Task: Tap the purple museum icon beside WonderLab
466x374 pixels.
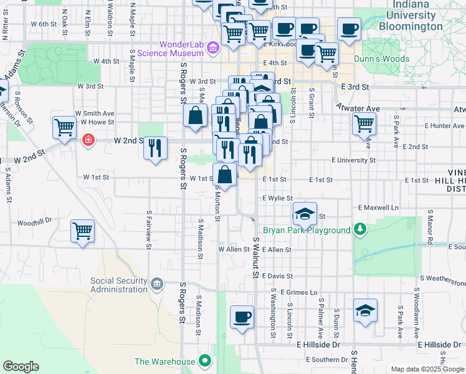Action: click(212, 47)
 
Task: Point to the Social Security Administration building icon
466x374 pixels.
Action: click(157, 285)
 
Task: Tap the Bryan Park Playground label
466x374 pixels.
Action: click(307, 230)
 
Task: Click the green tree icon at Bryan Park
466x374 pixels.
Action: click(359, 230)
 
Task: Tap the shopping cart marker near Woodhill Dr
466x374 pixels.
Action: click(82, 231)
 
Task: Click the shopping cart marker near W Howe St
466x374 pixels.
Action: click(65, 128)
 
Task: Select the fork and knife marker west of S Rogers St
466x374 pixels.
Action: click(155, 148)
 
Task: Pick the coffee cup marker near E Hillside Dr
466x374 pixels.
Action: click(242, 316)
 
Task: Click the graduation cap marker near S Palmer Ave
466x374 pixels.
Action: click(365, 310)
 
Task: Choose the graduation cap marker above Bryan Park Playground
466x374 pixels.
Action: click(305, 214)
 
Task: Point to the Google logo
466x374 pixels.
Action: click(21, 367)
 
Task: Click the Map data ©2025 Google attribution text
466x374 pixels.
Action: click(427, 368)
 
